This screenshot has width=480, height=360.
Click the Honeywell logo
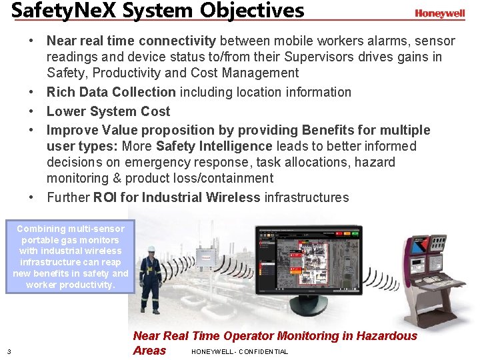[439, 13]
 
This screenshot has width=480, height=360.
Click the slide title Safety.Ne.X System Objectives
[157, 11]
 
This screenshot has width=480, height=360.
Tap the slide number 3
[9, 351]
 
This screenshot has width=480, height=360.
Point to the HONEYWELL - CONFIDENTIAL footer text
[239, 351]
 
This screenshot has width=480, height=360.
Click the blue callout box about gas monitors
[70, 257]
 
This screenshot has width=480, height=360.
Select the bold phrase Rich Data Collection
[111, 92]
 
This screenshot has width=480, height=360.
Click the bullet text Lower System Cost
[108, 111]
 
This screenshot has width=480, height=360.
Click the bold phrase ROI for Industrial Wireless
[177, 197]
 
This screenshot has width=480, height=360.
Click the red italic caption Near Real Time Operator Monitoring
[275, 336]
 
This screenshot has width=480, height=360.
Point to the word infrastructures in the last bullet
[307, 197]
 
